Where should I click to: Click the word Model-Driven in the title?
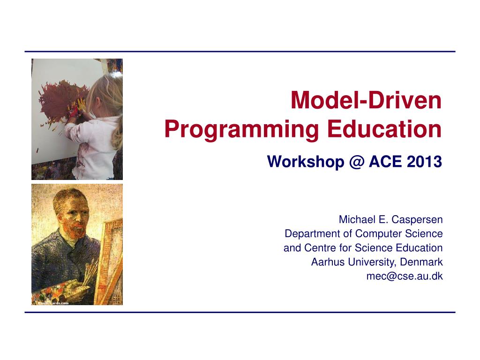(366, 100)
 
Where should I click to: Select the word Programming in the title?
(242, 129)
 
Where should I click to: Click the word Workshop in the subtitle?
(306, 162)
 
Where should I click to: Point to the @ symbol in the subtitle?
(356, 162)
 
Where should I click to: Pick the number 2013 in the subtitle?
(424, 161)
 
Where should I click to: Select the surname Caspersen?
(417, 220)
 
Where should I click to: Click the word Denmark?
(421, 262)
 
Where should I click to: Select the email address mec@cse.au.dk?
(405, 276)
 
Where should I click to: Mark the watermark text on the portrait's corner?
(52, 303)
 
